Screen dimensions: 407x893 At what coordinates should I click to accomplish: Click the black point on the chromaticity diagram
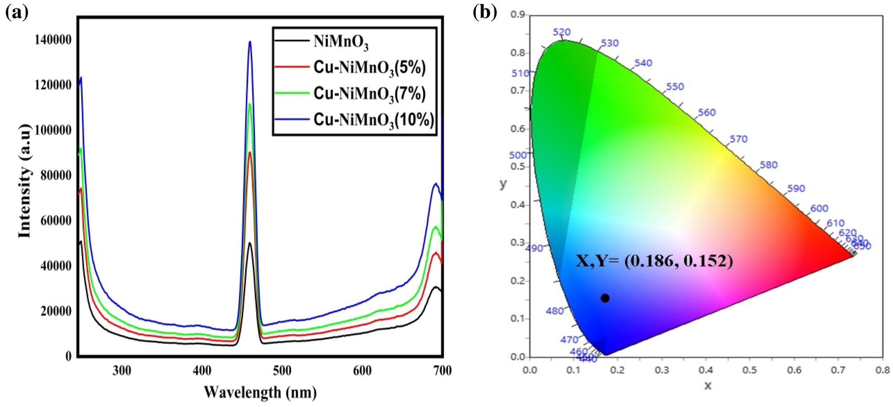click(x=605, y=298)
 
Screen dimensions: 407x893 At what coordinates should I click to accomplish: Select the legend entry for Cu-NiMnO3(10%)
click(x=373, y=120)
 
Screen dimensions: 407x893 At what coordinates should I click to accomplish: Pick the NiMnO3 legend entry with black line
click(x=341, y=42)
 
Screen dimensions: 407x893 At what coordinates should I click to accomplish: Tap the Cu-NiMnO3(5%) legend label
click(x=369, y=68)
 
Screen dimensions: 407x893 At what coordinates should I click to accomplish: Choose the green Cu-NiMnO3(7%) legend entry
click(x=369, y=93)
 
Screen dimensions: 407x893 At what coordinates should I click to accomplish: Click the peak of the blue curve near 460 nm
click(x=250, y=42)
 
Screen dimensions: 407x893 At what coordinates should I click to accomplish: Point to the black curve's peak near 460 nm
click(x=250, y=243)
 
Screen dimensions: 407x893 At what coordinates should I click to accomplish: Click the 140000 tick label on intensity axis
click(x=53, y=40)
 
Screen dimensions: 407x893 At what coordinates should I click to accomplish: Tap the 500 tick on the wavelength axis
click(x=282, y=371)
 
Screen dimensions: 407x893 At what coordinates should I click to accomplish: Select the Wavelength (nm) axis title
click(x=260, y=392)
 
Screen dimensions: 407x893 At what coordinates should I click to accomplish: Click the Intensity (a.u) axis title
click(x=25, y=181)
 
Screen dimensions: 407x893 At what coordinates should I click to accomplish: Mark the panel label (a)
click(x=17, y=12)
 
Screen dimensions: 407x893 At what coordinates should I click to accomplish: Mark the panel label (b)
click(x=485, y=12)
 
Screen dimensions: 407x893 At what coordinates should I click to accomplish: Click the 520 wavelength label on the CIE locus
click(x=562, y=32)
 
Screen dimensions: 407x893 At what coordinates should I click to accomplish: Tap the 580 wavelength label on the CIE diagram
click(x=768, y=165)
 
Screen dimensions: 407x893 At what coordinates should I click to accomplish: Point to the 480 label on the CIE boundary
click(x=555, y=311)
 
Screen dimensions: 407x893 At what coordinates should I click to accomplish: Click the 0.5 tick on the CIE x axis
click(x=750, y=370)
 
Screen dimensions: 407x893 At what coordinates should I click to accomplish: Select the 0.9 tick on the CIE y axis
click(x=517, y=15)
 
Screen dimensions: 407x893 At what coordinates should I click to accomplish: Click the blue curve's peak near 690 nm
click(x=436, y=184)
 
